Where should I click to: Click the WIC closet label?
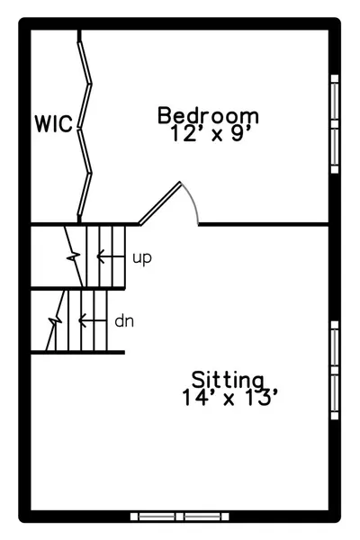(54, 123)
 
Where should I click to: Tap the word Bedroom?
(208, 116)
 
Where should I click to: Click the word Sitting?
(228, 380)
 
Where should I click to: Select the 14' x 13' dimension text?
(229, 398)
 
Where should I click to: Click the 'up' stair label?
(142, 258)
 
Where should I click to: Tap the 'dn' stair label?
(124, 321)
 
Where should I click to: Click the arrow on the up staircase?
(111, 256)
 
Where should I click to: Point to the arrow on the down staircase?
(93, 321)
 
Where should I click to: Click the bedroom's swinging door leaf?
(159, 203)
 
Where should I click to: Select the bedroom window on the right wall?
(335, 123)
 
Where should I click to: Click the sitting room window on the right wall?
(335, 370)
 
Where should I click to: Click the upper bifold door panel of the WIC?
(85, 84)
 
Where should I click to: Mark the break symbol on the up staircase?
(74, 256)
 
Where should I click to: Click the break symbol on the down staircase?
(55, 321)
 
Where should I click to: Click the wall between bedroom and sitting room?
(264, 224)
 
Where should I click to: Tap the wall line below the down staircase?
(77, 352)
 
